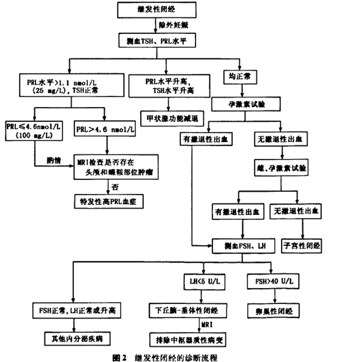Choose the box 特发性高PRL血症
pyautogui.click(x=108, y=201)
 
